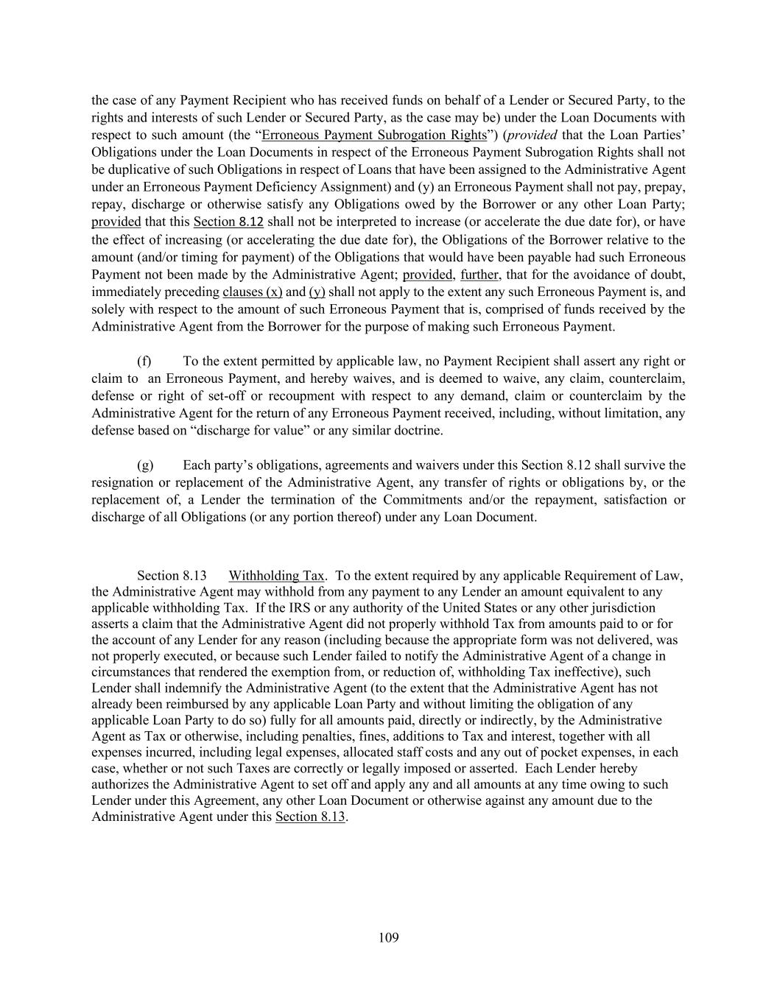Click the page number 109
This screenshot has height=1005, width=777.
388,937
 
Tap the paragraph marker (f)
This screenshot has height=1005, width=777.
144,361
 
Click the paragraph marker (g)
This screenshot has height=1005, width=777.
145,465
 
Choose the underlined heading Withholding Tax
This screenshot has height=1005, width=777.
276,575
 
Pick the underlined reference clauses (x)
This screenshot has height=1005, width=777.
252,292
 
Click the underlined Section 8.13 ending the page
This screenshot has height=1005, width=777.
310,816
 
